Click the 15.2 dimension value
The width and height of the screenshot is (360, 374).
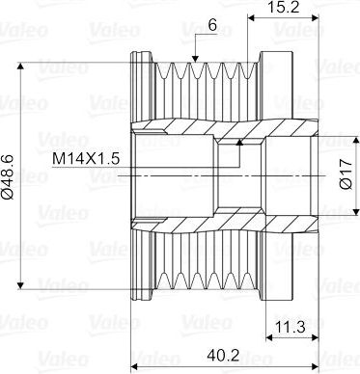(x=284, y=7)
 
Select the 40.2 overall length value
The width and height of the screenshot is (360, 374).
(x=223, y=356)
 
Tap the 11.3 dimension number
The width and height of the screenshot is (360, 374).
(x=291, y=327)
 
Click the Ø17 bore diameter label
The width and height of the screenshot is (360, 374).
(x=346, y=174)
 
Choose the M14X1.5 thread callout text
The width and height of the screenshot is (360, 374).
(x=86, y=158)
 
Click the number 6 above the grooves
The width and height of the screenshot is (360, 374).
(x=212, y=25)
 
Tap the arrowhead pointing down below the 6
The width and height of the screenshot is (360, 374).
(x=195, y=59)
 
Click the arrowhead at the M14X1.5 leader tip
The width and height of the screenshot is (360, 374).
(x=239, y=143)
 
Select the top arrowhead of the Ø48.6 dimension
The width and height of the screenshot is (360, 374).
(x=20, y=66)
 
